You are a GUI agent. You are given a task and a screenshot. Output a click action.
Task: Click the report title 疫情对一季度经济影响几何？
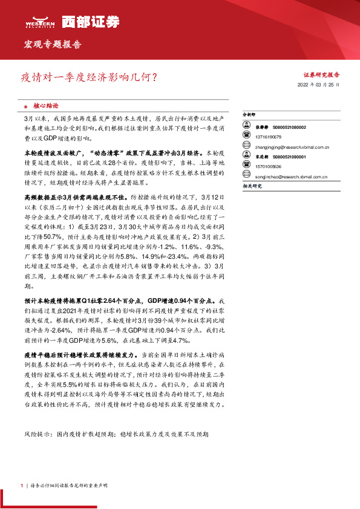[x=90, y=77]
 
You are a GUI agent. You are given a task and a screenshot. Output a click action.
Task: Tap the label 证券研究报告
[x=321, y=74]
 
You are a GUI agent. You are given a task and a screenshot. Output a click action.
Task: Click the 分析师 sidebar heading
[x=249, y=114]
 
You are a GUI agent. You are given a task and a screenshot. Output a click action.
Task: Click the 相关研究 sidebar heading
[x=252, y=186]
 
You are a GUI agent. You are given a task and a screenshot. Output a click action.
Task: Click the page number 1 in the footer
[x=21, y=485]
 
